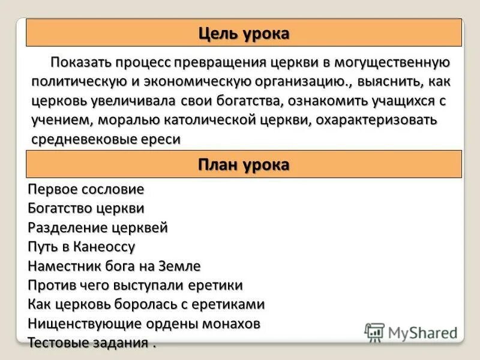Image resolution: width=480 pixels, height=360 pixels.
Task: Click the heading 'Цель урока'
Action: coord(244,34)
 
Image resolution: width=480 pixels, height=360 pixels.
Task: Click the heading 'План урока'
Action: coord(244,164)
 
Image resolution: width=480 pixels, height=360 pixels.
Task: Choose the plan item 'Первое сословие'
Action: coord(86,190)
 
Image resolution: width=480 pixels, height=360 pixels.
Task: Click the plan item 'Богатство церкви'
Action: coord(86,209)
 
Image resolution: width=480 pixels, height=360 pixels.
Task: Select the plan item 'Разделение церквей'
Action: coord(97,228)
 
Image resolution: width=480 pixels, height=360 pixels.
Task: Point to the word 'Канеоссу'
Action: coord(106,247)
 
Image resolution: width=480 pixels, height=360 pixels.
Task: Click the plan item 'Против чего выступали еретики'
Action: coord(135,285)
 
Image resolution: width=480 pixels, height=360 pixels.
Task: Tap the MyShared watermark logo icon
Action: coord(374,332)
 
